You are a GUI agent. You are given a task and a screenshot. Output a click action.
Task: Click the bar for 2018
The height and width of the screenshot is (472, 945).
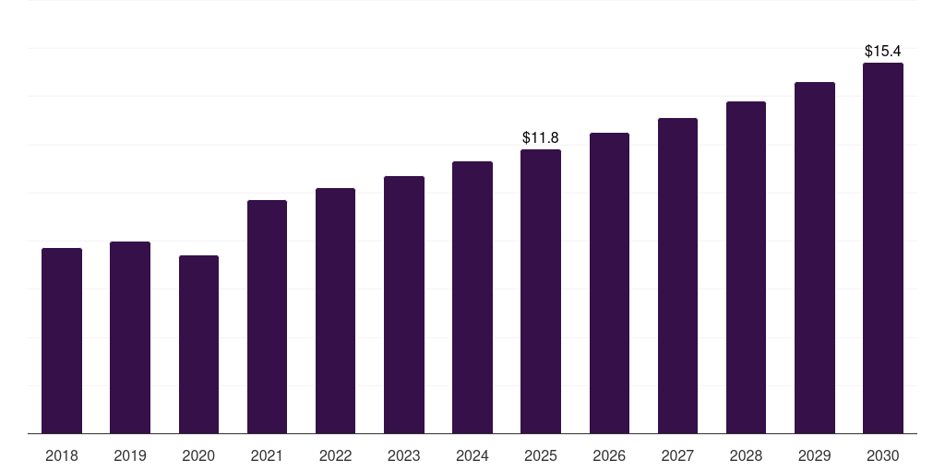pos(62,341)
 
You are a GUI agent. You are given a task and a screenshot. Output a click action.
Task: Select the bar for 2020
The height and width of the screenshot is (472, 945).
pos(198,345)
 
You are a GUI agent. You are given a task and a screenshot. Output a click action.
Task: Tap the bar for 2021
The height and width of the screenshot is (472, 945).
pos(267,317)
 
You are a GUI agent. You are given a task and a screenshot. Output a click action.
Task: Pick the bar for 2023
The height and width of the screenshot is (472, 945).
pos(404,305)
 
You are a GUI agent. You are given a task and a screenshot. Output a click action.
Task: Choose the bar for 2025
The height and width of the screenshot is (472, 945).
pos(541,291)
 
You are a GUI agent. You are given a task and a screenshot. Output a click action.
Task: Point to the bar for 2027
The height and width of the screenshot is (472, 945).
pos(677,276)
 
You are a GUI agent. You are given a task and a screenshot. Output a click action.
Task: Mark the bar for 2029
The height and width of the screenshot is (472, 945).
pos(815,258)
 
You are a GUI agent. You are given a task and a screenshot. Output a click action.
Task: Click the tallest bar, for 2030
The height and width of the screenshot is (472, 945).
pos(883,248)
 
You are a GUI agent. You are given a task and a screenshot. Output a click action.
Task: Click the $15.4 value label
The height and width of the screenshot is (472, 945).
pos(882,52)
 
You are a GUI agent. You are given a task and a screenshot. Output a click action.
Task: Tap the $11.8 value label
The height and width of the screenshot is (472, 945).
pos(541,138)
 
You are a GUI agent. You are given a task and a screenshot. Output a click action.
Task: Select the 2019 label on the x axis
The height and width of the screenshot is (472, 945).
pos(130,455)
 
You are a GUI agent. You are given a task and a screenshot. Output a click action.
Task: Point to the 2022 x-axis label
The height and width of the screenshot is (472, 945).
pos(336,455)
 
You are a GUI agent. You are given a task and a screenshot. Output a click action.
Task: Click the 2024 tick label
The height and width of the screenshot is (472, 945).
pos(472,455)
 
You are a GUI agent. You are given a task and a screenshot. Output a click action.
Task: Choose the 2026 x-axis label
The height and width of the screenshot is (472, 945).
pos(609,455)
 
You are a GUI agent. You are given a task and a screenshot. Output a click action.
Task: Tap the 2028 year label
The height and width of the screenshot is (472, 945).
pos(746,455)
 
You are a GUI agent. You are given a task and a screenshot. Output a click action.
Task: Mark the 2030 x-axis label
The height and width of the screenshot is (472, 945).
pos(883,455)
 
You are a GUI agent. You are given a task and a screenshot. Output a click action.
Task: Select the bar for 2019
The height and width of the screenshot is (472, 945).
pos(130,337)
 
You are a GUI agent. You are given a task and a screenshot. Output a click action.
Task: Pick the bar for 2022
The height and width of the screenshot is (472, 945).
pos(335,311)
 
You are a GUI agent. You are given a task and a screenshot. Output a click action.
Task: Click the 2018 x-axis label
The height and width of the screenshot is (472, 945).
pos(62,455)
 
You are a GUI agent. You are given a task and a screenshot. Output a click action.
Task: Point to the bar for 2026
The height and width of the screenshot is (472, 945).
pos(609,283)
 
